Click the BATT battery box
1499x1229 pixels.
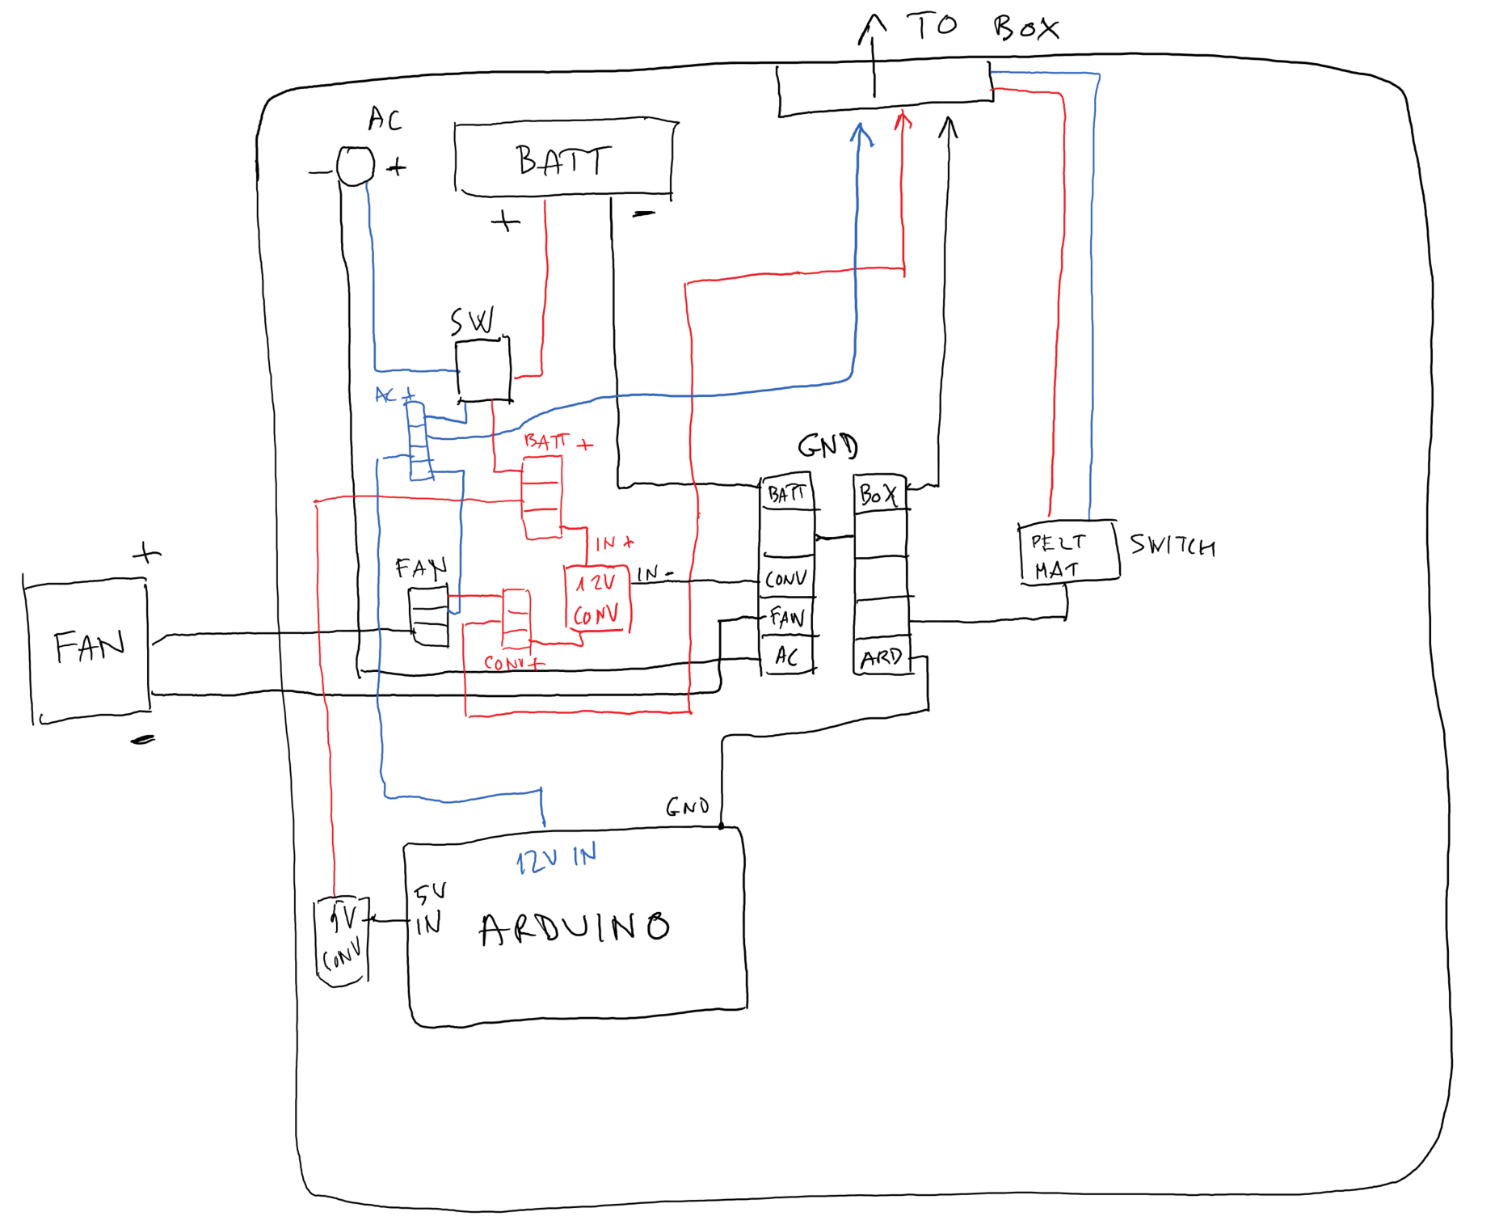[x=563, y=159]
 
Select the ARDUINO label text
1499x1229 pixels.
[x=575, y=927]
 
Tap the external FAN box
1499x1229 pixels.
[x=88, y=648]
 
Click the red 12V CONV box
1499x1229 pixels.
[x=597, y=599]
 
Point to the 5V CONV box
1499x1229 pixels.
[x=342, y=940]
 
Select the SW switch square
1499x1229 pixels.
[x=483, y=370]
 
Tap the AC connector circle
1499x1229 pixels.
[x=355, y=167]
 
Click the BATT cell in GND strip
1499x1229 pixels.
[x=786, y=493]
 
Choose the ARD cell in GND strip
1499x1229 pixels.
[x=881, y=657]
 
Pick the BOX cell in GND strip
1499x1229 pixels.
[x=879, y=494]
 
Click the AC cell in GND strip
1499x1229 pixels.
[x=786, y=656]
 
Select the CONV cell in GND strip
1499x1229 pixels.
[x=785, y=579]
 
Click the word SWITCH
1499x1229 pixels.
[x=1172, y=546]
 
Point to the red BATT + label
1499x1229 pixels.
[x=557, y=441]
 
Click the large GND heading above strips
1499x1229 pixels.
[x=827, y=446]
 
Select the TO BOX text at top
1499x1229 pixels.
[x=982, y=27]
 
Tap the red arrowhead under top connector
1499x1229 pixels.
[x=903, y=121]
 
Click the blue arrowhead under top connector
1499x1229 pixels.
[x=861, y=133]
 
